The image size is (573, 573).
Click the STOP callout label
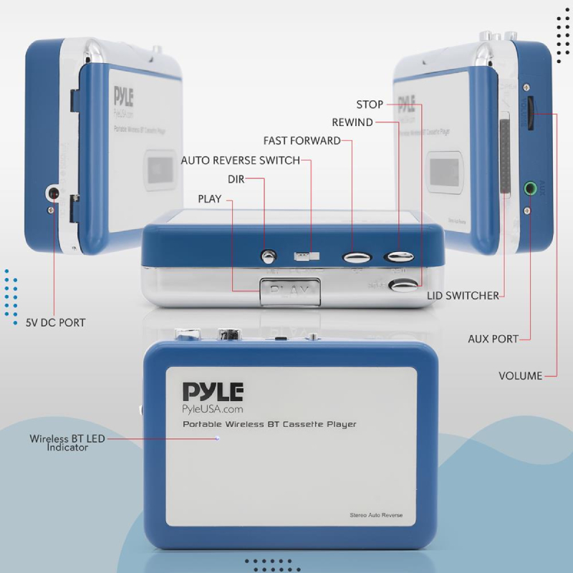tap(370, 105)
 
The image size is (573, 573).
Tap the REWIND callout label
tap(352, 122)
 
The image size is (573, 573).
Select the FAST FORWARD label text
tap(302, 141)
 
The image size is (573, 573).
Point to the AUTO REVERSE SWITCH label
tap(241, 160)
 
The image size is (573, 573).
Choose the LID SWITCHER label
tap(463, 295)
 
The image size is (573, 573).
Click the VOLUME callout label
tap(520, 376)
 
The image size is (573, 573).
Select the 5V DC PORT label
tap(56, 323)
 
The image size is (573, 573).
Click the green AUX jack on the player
tap(530, 188)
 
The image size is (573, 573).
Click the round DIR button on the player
tap(269, 255)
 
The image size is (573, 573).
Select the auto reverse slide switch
tap(307, 255)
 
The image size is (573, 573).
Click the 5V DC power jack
tap(53, 193)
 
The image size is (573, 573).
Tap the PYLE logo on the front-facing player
tap(213, 391)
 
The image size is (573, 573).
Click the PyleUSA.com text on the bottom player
tap(213, 410)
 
